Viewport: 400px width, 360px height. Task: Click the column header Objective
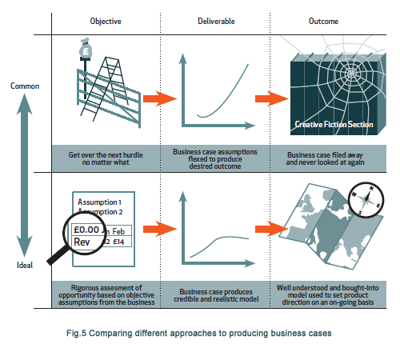[x=106, y=22]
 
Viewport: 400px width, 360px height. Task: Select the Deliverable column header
[x=216, y=22]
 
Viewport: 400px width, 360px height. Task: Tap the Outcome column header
[x=323, y=22]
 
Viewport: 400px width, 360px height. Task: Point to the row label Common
[x=25, y=86]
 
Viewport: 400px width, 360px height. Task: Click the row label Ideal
[x=25, y=265]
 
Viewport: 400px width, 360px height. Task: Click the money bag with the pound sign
[x=86, y=49]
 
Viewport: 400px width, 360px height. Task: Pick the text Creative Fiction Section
[x=334, y=124]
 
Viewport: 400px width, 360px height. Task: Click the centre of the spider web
[x=351, y=73]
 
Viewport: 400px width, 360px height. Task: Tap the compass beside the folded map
[x=366, y=199]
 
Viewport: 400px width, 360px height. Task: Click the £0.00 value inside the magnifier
[x=86, y=230]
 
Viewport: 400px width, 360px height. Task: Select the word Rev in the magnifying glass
[x=82, y=242]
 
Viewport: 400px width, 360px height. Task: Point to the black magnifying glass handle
[x=58, y=255]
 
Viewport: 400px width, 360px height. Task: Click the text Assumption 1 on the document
[x=99, y=202]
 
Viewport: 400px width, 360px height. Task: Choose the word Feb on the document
[x=118, y=231]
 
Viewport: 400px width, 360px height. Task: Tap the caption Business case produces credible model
[x=216, y=295]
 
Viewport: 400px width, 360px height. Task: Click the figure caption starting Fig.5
[x=199, y=333]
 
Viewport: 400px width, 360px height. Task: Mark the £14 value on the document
[x=118, y=242]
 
